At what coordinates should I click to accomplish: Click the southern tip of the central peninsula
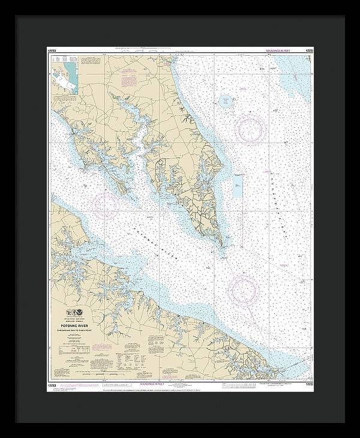pyautogui.click(x=222, y=244)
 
